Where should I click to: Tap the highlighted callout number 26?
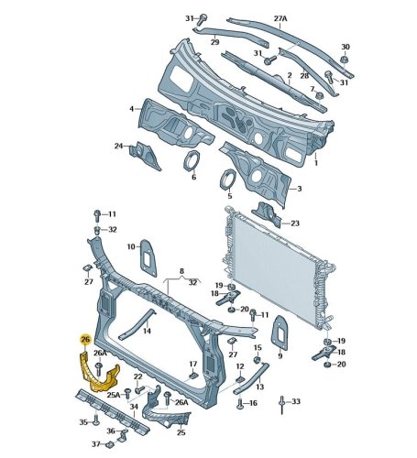(85, 339)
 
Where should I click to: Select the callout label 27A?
(280, 18)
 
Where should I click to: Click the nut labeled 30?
(345, 60)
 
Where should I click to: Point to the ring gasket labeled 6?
(192, 161)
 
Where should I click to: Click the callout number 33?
(296, 401)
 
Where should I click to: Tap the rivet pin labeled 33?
(281, 405)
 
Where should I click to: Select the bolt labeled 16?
(240, 404)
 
